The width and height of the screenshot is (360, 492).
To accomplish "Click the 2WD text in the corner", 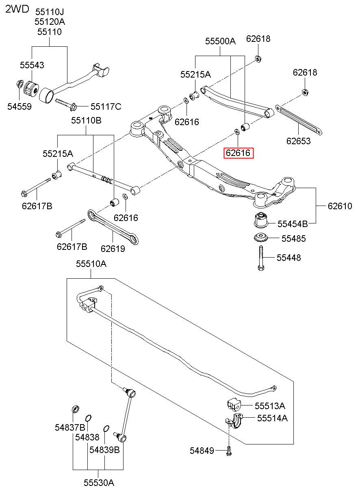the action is [17, 9].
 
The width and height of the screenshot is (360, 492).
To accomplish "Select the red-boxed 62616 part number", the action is [238, 153].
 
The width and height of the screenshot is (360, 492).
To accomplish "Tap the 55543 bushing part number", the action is [32, 65].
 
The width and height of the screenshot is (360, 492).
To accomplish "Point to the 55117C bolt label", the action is [106, 107].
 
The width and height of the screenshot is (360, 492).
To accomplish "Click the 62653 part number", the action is [299, 141].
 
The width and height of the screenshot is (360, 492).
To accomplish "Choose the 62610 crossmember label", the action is [340, 206].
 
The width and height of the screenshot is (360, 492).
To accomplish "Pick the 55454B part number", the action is [293, 224].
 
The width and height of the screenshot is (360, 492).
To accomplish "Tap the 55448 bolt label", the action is [288, 258].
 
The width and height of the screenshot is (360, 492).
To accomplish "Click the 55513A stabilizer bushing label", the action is [270, 406].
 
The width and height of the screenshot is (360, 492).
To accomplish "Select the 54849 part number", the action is [202, 451].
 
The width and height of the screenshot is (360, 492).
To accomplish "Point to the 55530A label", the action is [99, 483].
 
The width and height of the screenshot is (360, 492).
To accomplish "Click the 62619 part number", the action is [113, 249].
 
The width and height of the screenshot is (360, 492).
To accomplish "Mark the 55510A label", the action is [91, 264].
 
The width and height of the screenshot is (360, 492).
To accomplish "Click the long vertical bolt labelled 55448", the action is [261, 258].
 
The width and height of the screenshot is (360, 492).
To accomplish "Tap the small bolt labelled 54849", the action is [229, 451].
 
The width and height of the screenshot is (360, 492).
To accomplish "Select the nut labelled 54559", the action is [20, 84].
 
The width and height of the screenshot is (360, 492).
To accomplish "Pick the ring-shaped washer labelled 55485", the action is [261, 238].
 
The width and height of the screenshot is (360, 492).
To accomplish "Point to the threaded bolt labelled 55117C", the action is [66, 104].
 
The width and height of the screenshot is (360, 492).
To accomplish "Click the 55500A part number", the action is [220, 41].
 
